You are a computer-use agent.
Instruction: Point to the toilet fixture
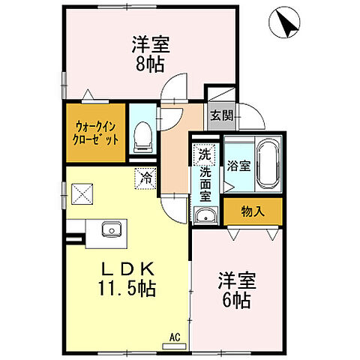[141, 136]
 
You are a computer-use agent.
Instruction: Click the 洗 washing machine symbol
[204, 156]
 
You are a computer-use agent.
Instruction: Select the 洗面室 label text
[204, 184]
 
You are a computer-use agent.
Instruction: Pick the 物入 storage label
[253, 211]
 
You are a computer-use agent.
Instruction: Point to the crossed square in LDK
[80, 194]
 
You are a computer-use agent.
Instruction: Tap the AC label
[174, 337]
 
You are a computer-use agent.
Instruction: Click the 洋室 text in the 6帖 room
[236, 283]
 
